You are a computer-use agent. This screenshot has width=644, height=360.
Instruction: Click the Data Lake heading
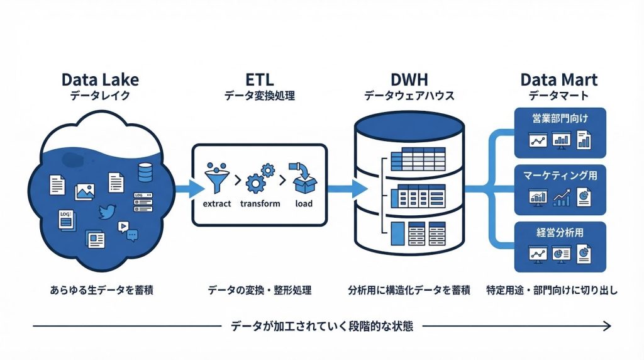100,80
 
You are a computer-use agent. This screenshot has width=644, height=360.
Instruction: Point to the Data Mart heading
558,80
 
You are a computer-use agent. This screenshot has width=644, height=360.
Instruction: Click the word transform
260,204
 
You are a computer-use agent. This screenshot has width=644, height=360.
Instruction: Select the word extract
217,204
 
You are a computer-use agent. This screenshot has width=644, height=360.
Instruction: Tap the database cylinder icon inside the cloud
145,172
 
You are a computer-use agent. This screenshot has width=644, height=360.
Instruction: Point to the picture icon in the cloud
84,191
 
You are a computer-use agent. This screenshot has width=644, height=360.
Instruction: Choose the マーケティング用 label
559,176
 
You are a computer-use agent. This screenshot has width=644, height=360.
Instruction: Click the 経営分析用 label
559,233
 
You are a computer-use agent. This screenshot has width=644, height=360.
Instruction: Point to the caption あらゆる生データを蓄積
101,290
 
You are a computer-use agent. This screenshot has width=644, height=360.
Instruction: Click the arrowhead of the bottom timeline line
607,326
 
